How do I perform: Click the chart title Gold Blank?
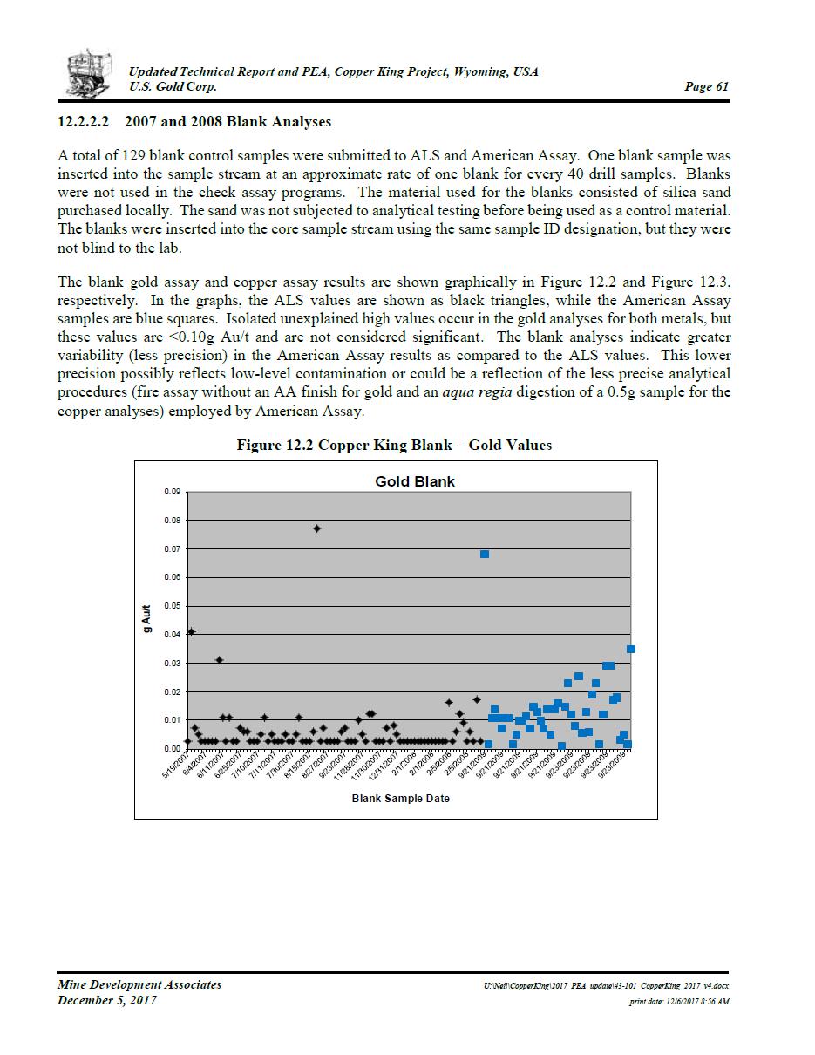coord(414,481)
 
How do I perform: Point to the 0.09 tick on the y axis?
coord(172,493)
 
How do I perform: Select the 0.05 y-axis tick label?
coord(172,606)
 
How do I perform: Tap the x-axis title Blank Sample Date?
coord(400,798)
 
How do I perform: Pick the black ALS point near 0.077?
coord(317,528)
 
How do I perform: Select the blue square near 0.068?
coord(485,554)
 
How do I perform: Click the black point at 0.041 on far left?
coord(192,631)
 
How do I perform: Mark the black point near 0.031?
coord(220,660)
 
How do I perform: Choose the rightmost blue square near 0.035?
coord(631,649)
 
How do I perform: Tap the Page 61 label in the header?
coord(707,86)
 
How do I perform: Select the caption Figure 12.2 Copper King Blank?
coord(394,445)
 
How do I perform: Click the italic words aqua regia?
coord(477,392)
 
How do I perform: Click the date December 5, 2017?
coord(107,1000)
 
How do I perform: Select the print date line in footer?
coord(679,1002)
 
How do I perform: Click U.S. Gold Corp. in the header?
coord(173,86)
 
